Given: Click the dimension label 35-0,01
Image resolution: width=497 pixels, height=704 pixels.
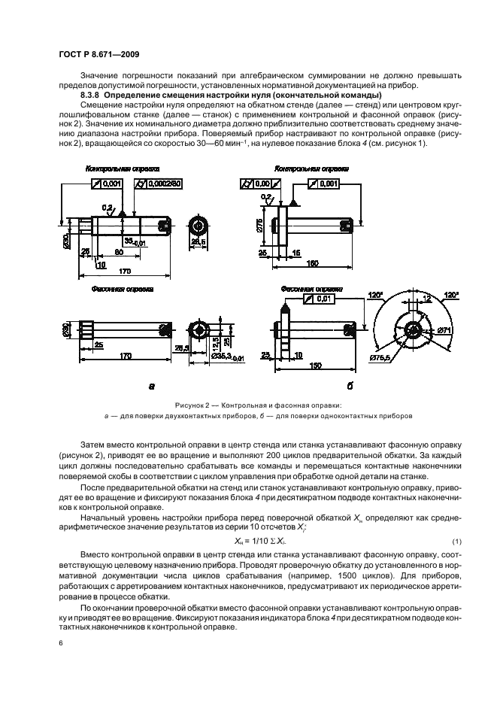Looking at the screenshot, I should point(135,241).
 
